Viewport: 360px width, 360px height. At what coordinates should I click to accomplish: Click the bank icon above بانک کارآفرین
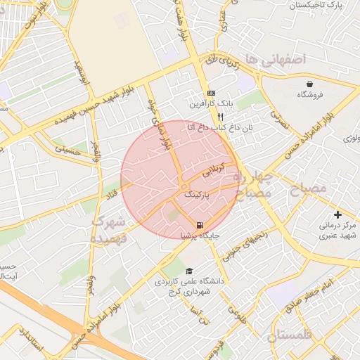211,94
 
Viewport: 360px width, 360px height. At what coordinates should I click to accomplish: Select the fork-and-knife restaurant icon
220,117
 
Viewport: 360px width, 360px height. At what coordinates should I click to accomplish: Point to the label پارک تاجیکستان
324,5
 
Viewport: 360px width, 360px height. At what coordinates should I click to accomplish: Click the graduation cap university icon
188,271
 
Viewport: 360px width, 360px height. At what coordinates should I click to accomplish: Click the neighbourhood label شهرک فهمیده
108,230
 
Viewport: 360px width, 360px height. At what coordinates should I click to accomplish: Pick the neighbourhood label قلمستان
289,335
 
